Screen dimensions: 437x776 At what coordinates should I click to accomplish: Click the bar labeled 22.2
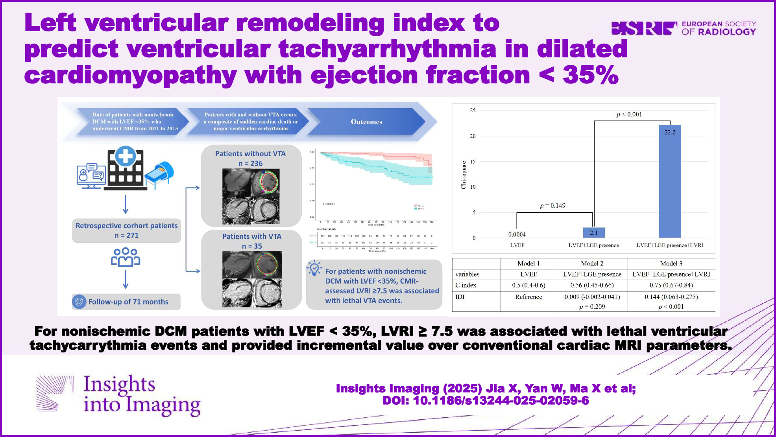click(x=670, y=181)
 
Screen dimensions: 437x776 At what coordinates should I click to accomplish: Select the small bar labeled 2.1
click(x=593, y=233)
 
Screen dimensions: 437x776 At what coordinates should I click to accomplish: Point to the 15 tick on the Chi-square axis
click(x=473, y=161)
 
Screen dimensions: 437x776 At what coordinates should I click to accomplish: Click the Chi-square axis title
click(x=464, y=175)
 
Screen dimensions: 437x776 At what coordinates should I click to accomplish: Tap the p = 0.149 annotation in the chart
click(x=552, y=206)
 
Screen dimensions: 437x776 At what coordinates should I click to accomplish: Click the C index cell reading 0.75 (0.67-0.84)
click(x=671, y=285)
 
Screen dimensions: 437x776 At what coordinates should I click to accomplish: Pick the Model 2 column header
click(x=592, y=264)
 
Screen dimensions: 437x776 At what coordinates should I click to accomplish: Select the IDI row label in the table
click(x=460, y=297)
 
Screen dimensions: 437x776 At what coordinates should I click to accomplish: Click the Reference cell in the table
click(x=528, y=297)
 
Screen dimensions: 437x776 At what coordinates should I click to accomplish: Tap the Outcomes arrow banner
click(x=366, y=122)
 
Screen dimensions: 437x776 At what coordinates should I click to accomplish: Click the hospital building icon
click(x=126, y=169)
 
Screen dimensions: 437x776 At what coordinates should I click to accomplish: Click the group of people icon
click(x=126, y=257)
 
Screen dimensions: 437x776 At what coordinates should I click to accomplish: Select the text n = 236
click(x=250, y=164)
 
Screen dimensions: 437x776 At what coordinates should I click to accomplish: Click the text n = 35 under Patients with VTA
click(x=252, y=246)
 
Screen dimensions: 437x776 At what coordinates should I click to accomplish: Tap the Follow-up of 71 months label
click(x=128, y=302)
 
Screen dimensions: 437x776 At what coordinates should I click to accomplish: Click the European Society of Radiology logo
click(x=683, y=28)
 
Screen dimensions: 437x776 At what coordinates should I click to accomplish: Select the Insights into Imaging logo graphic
click(x=54, y=393)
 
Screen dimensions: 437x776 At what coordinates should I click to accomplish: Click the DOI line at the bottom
click(x=486, y=400)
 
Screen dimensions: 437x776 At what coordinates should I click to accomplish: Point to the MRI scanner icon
click(x=160, y=173)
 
